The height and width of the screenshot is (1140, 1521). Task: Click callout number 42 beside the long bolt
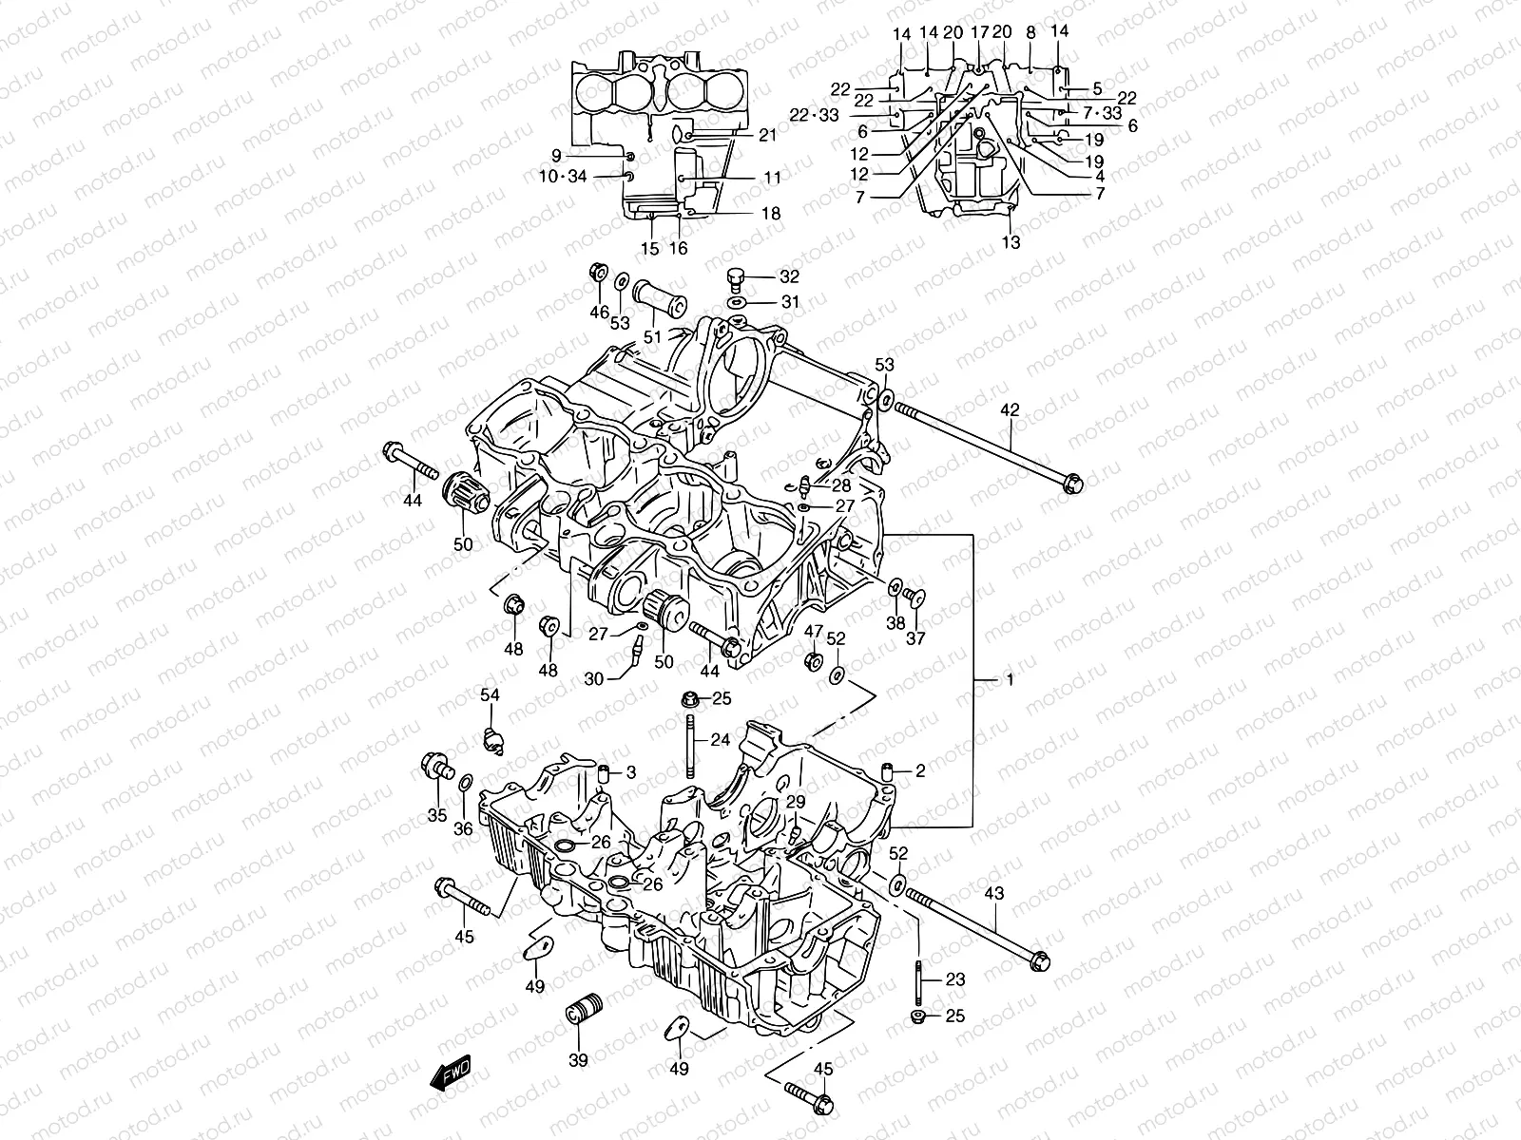click(1009, 410)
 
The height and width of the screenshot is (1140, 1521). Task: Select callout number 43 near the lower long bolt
click(992, 895)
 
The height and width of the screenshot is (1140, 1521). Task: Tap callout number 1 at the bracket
click(1010, 680)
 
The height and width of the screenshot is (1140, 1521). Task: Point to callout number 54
click(489, 695)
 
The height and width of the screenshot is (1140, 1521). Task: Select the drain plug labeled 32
click(734, 277)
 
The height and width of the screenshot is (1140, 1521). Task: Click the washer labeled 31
click(736, 302)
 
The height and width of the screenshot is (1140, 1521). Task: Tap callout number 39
click(578, 1060)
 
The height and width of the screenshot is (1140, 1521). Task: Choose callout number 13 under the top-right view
click(1011, 242)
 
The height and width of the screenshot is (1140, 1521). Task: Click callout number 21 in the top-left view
click(768, 136)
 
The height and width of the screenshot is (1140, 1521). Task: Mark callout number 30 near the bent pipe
click(594, 678)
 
